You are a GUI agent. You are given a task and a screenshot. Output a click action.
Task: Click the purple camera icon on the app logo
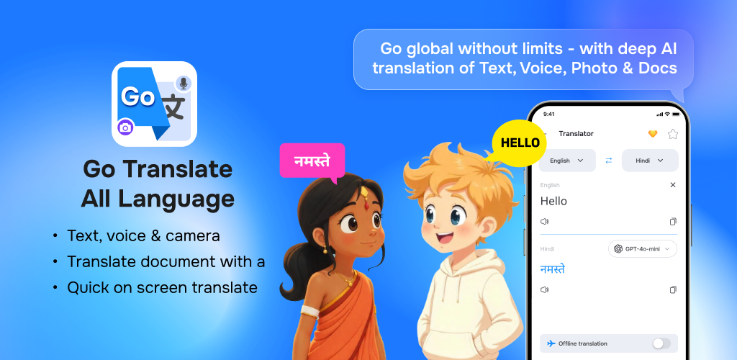(x=125, y=127)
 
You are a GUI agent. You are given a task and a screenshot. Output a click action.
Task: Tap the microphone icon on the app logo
(x=184, y=84)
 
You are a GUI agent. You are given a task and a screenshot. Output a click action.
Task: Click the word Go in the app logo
(x=137, y=96)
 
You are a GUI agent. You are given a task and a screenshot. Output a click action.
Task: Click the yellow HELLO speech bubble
(x=519, y=143)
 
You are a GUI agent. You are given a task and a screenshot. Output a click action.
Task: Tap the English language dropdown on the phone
(x=567, y=161)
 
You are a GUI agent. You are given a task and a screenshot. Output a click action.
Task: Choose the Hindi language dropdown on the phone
(x=650, y=161)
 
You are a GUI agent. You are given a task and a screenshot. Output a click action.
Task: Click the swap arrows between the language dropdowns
(x=609, y=161)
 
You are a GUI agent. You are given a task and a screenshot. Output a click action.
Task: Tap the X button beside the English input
(x=673, y=185)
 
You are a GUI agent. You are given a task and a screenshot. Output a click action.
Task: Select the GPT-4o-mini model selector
(x=643, y=249)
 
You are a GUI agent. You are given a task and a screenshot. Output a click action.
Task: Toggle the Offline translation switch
(x=661, y=343)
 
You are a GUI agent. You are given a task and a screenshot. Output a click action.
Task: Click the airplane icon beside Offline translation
(x=551, y=343)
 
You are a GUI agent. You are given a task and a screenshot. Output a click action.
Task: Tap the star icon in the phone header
(x=673, y=134)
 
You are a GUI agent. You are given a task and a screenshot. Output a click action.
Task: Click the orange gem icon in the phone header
(x=653, y=134)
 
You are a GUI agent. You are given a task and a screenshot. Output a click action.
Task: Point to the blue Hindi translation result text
(x=552, y=269)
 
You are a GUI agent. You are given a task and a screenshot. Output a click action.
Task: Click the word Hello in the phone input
(x=553, y=201)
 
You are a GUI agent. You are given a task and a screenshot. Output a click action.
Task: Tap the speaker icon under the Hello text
(x=544, y=221)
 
